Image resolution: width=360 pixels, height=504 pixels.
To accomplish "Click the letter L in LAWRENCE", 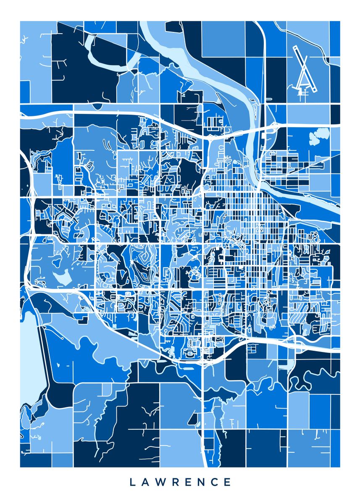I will pos(132,482).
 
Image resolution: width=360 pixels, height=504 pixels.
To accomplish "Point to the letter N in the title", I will pos(200,482).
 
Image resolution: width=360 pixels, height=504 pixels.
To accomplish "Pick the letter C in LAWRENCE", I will pos(214,482).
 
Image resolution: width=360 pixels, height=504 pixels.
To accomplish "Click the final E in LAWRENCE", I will pos(227,482).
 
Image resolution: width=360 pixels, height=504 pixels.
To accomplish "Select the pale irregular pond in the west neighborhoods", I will pos(61,277).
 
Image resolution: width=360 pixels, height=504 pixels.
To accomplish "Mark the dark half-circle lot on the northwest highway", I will pos(97,107).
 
